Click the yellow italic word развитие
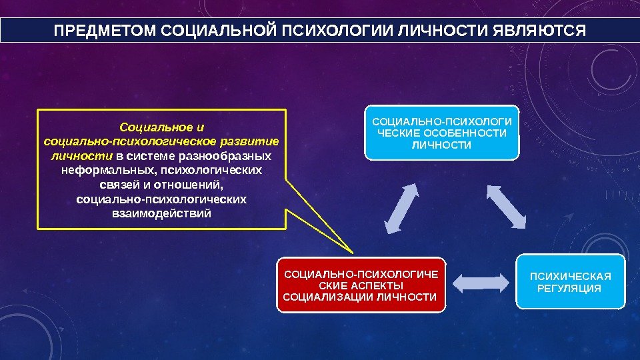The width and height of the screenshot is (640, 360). point(249,141)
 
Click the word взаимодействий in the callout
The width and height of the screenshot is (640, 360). point(161,214)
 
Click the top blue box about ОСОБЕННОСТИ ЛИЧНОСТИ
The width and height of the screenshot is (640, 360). point(441,133)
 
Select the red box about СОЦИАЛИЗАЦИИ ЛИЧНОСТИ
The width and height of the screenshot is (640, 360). point(361,285)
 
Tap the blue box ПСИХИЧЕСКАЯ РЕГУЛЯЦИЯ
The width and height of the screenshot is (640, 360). point(571,281)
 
